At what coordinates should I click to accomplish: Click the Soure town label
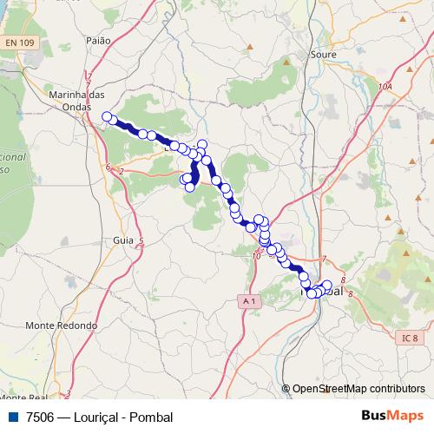click(323, 54)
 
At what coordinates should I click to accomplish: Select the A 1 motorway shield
click(250, 300)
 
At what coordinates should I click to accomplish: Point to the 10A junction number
click(385, 87)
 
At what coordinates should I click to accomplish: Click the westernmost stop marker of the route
click(107, 116)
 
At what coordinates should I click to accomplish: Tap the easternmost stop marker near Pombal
click(327, 285)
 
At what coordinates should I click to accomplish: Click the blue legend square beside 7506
click(12, 417)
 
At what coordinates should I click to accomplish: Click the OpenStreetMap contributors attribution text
click(358, 389)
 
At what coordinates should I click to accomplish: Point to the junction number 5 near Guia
click(141, 240)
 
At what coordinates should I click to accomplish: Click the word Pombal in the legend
click(151, 417)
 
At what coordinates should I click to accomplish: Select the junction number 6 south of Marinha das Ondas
click(108, 167)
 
